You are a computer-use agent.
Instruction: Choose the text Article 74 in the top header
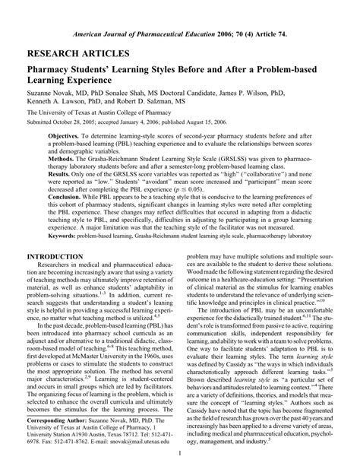(266, 35)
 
